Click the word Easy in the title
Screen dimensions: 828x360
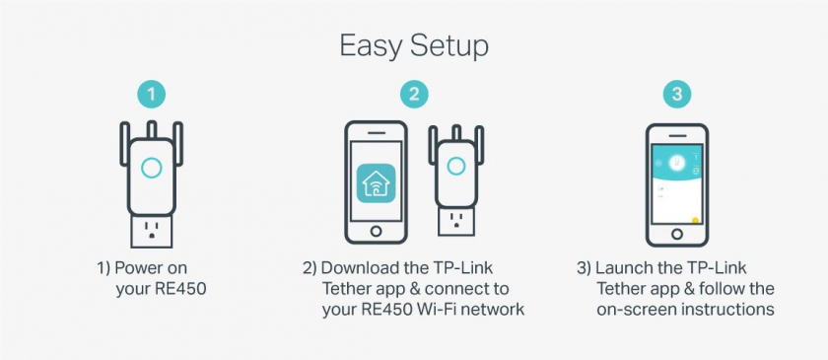click(x=371, y=47)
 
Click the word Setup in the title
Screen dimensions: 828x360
click(x=449, y=47)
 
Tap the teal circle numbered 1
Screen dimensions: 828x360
click(x=152, y=95)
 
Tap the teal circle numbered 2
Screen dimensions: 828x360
click(x=414, y=95)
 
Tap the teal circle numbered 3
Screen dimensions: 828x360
click(x=677, y=95)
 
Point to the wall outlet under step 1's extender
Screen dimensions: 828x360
click(x=152, y=232)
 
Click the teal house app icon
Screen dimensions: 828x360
click(x=376, y=182)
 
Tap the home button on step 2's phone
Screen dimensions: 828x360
click(x=376, y=231)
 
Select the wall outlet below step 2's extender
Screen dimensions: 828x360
click(x=456, y=222)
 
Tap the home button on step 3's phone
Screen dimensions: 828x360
click(x=677, y=234)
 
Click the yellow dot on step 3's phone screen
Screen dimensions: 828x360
click(x=696, y=221)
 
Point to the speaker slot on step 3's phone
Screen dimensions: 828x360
click(x=677, y=135)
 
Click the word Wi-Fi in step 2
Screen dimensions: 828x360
click(x=427, y=310)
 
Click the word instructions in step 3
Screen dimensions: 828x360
click(x=735, y=310)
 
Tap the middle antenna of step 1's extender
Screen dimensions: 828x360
click(x=152, y=129)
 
